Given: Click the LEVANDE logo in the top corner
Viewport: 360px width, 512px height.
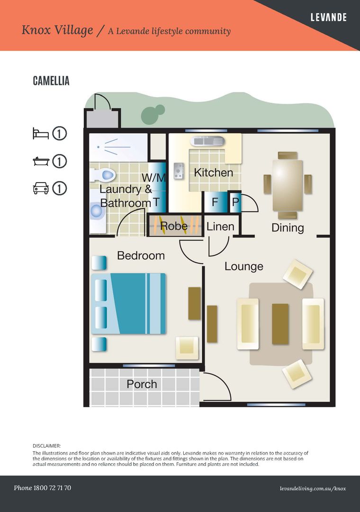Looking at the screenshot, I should coord(328,18).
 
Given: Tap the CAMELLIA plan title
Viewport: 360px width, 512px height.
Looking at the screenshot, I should coord(51,81).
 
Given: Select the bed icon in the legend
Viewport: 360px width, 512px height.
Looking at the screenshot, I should coord(41,134).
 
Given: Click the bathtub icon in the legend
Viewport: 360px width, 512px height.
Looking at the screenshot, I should coord(41,161).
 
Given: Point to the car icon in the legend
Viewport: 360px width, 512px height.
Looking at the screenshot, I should coord(41,188).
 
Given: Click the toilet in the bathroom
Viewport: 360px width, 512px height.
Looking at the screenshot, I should coord(106,175).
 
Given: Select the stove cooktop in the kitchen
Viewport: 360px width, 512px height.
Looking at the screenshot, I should coord(179,171).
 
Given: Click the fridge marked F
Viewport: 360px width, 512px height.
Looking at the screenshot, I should coord(215,202).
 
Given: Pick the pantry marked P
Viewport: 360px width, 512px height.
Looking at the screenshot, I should coord(235,202).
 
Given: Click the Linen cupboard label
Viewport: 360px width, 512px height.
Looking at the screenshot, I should coord(220,227).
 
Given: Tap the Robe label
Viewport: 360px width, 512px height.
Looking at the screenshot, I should coord(174,227).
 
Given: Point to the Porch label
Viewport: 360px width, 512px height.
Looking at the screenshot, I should coord(142,384).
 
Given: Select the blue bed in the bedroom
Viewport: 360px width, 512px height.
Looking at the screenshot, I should coord(128,303).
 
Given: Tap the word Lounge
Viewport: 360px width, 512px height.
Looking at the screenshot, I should coord(243,266).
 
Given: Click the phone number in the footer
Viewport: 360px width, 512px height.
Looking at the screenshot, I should coord(43,488).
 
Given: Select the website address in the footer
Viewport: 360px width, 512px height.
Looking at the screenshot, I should coord(313,488).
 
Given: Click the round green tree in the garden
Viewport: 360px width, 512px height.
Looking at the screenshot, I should coord(150,114).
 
